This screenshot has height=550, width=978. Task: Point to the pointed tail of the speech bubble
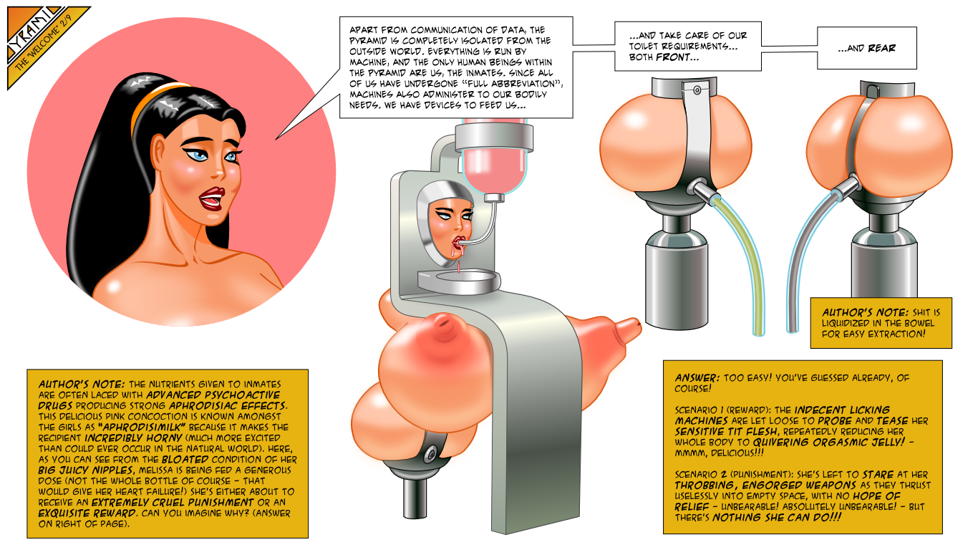(x=277, y=138)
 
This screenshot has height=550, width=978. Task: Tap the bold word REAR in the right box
(x=881, y=48)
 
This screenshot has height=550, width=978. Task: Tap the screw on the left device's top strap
(x=697, y=90)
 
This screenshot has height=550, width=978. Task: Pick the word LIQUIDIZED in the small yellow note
(x=846, y=323)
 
